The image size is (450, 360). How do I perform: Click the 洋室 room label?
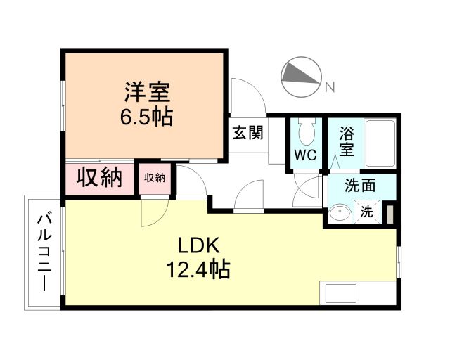[146, 91]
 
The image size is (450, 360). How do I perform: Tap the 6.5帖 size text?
[146, 116]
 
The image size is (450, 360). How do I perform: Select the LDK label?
[199, 245]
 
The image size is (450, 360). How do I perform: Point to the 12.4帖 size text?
[198, 269]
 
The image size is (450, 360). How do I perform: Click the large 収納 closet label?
[99, 178]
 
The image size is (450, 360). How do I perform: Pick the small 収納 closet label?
[154, 179]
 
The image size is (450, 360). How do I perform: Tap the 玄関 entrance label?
[248, 131]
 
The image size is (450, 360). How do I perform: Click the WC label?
[304, 155]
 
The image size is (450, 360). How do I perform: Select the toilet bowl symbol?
[306, 131]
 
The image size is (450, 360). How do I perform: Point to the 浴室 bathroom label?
[346, 141]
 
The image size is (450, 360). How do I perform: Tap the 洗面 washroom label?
[359, 186]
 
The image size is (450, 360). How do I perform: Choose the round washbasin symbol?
[340, 213]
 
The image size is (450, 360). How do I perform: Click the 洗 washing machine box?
[366, 212]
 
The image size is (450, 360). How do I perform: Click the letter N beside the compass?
[329, 86]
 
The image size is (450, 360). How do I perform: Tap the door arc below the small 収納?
[154, 212]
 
